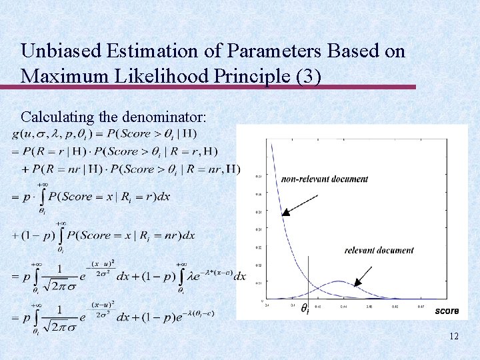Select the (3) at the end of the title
(309, 75)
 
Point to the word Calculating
(57, 117)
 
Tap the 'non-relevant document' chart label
(325, 179)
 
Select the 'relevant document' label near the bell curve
(379, 251)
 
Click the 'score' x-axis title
(447, 311)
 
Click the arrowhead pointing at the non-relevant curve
(283, 214)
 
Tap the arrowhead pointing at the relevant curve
(355, 283)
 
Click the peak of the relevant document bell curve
(339, 281)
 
